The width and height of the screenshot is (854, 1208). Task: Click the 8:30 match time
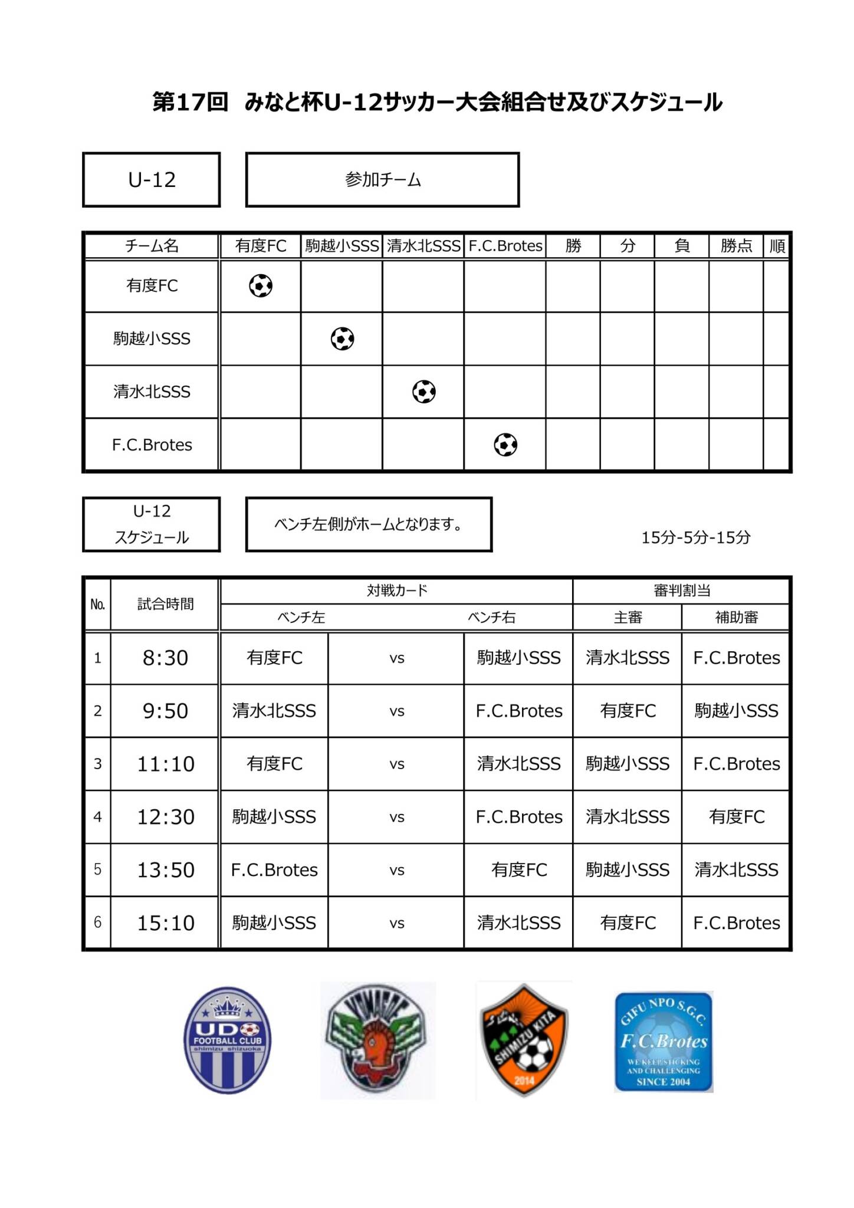[165, 658]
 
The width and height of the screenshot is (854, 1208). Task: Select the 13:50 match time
[165, 870]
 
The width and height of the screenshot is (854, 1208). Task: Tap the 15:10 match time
[165, 923]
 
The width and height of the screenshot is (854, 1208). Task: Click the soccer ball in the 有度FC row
[261, 286]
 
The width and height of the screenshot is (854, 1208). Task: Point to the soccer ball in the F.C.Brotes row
[505, 445]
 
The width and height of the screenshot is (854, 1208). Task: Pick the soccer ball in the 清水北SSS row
[424, 392]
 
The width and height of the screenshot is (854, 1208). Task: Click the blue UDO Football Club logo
[228, 1040]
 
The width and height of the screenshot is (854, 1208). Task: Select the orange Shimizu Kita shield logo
[524, 1040]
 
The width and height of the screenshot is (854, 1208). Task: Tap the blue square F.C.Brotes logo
[664, 1042]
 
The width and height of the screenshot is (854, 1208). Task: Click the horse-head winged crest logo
[377, 1040]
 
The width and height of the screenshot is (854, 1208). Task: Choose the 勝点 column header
[736, 246]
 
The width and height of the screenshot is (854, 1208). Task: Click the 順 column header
[777, 246]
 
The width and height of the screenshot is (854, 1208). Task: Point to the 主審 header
[628, 618]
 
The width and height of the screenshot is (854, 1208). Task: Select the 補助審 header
[736, 618]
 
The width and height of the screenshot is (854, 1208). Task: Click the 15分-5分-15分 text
[696, 537]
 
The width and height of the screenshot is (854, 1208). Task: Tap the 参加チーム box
[382, 180]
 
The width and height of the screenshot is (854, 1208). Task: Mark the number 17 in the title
[190, 102]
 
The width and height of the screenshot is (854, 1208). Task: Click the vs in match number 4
[396, 818]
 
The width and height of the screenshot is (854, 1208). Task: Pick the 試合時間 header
[165, 604]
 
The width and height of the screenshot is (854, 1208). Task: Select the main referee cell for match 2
[628, 711]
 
